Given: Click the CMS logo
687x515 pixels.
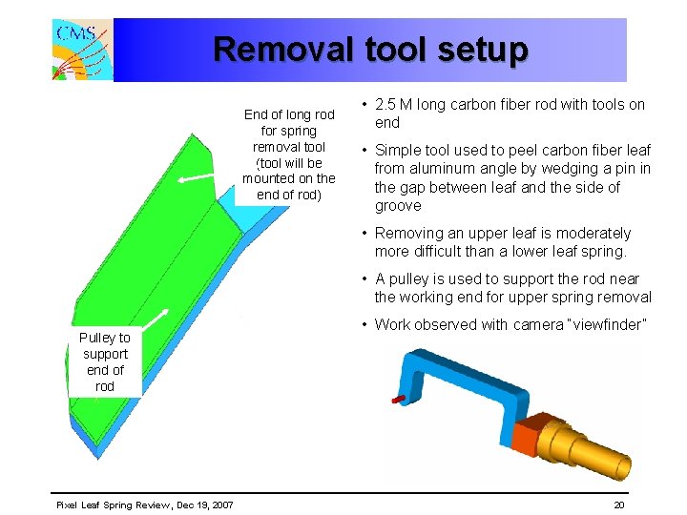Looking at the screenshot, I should (82, 49).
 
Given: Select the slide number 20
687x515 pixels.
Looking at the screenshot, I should (618, 504).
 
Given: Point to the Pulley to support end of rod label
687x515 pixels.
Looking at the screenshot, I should (105, 362).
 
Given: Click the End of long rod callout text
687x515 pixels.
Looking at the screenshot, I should (289, 154).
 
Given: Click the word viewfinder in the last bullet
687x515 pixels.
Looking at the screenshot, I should (600, 324).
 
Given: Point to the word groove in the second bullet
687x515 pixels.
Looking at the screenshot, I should (398, 206).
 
